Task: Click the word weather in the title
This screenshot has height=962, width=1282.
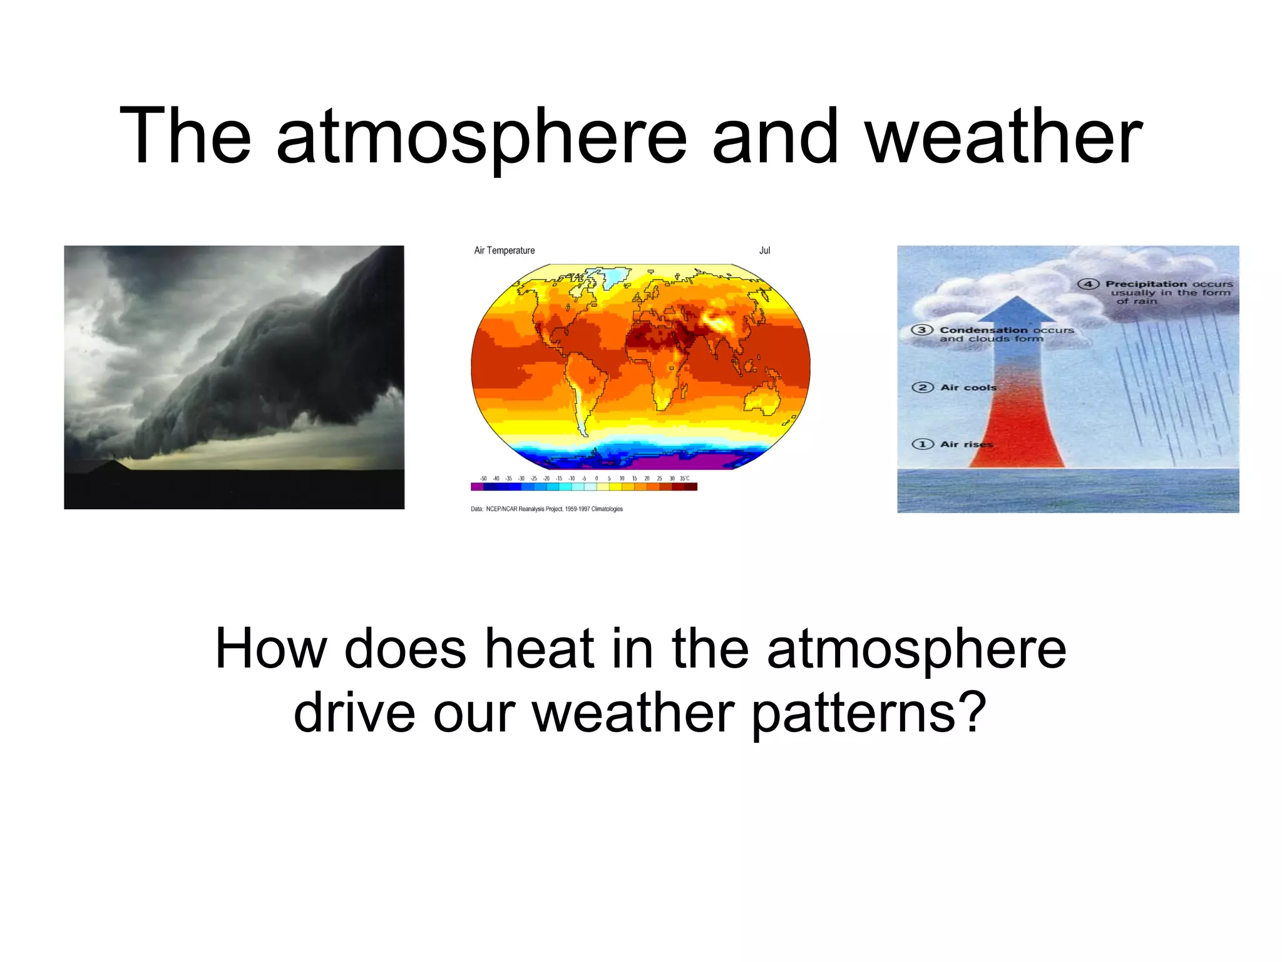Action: pos(1004,137)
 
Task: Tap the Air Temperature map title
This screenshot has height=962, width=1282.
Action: pos(505,251)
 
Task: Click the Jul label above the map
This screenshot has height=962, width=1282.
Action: pos(764,251)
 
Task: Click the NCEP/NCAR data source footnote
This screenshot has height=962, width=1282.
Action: pos(546,509)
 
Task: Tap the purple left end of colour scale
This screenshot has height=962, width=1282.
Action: pos(476,487)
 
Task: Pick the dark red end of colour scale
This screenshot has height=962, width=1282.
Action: pos(691,487)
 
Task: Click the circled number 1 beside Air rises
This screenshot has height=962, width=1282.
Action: pos(922,444)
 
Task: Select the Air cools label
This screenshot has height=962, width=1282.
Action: pos(968,388)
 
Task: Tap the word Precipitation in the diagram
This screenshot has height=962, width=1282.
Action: pos(1146,284)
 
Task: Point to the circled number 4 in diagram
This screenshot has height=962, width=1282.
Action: pos(1088,284)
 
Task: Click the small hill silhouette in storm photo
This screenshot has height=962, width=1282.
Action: pos(111,465)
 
